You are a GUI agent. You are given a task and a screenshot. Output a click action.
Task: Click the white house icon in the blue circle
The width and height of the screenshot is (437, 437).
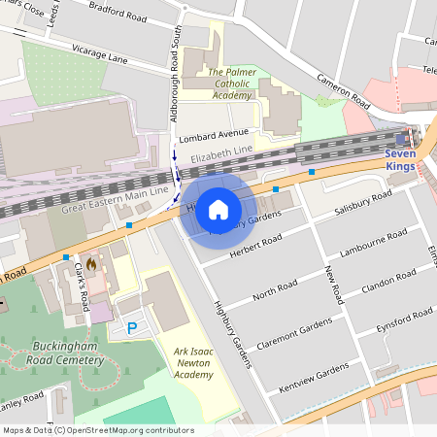tap(218, 210)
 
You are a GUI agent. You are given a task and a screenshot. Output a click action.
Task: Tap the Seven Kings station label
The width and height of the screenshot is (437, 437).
tap(399, 159)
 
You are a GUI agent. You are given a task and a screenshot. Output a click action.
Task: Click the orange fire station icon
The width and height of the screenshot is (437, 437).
tap(91, 262)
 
